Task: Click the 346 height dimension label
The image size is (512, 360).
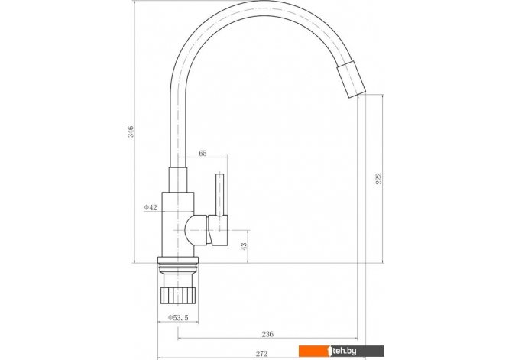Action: coord(131,131)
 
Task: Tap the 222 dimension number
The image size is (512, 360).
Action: coord(378,178)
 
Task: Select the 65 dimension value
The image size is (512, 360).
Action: coord(203,153)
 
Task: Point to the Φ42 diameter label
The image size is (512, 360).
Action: coord(151,207)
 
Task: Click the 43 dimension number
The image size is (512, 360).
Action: coord(244,246)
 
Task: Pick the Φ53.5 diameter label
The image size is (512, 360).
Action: coord(178,317)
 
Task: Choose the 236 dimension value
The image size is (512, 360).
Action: coord(267,334)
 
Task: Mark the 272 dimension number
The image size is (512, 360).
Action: coord(261,353)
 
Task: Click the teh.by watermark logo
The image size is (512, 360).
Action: coord(342,351)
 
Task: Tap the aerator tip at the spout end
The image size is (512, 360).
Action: coord(351,79)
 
